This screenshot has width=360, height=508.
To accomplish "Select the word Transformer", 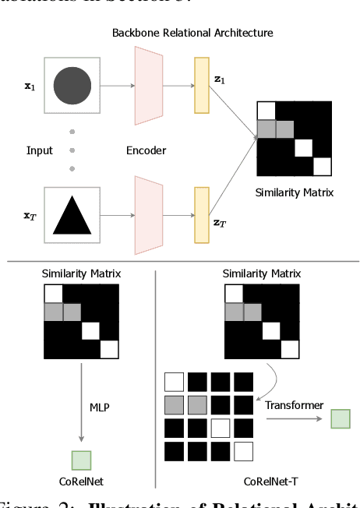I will pos(293,405).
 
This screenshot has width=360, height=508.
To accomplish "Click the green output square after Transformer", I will pos(340,419).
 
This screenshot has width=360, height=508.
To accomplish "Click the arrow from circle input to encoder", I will pos(115,84).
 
